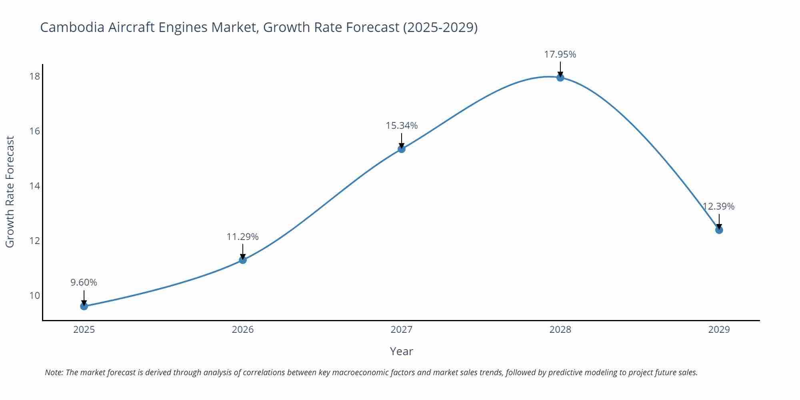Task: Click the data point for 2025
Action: coord(84,306)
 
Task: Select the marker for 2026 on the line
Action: coord(243,260)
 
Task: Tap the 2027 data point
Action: coord(402,149)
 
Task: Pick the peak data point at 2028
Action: coord(560,78)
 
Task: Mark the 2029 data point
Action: coord(719,230)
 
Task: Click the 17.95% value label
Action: coord(560,54)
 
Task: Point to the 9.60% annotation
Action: coord(84,282)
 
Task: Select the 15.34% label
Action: coord(402,126)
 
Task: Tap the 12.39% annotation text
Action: coord(719,206)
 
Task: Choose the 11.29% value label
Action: coord(243,237)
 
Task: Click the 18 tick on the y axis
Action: coord(35,76)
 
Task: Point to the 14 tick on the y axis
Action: coord(35,186)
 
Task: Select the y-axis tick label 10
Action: coord(35,296)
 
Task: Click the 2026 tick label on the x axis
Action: coord(243,330)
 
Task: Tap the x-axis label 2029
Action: coord(719,330)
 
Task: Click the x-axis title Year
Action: coord(401,351)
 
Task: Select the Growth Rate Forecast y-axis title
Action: coord(10,192)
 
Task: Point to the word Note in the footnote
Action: coord(54,372)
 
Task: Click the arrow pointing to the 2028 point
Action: coord(560,69)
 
